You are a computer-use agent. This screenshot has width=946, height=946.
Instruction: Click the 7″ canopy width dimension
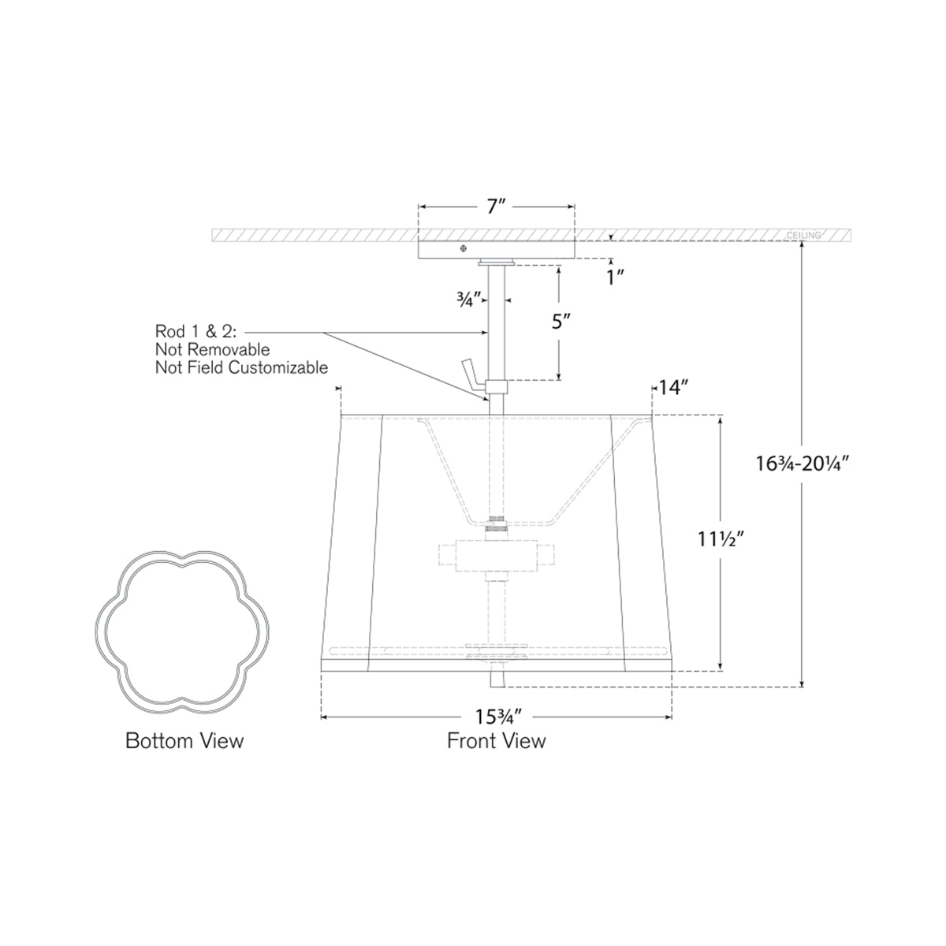click(x=495, y=207)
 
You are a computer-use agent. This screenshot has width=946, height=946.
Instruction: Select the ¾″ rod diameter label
click(x=471, y=300)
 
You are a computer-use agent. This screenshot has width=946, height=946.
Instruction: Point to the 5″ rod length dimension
click(x=559, y=322)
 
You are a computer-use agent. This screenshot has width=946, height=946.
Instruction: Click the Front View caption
click(x=496, y=741)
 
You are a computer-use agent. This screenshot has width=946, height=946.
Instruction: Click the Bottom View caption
click(x=184, y=741)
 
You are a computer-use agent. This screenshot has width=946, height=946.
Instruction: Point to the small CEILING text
click(x=803, y=236)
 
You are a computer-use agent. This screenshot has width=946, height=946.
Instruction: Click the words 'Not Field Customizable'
click(x=241, y=367)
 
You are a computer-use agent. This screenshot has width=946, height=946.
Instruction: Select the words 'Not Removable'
click(x=213, y=350)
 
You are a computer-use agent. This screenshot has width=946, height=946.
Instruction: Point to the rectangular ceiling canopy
click(x=496, y=249)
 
